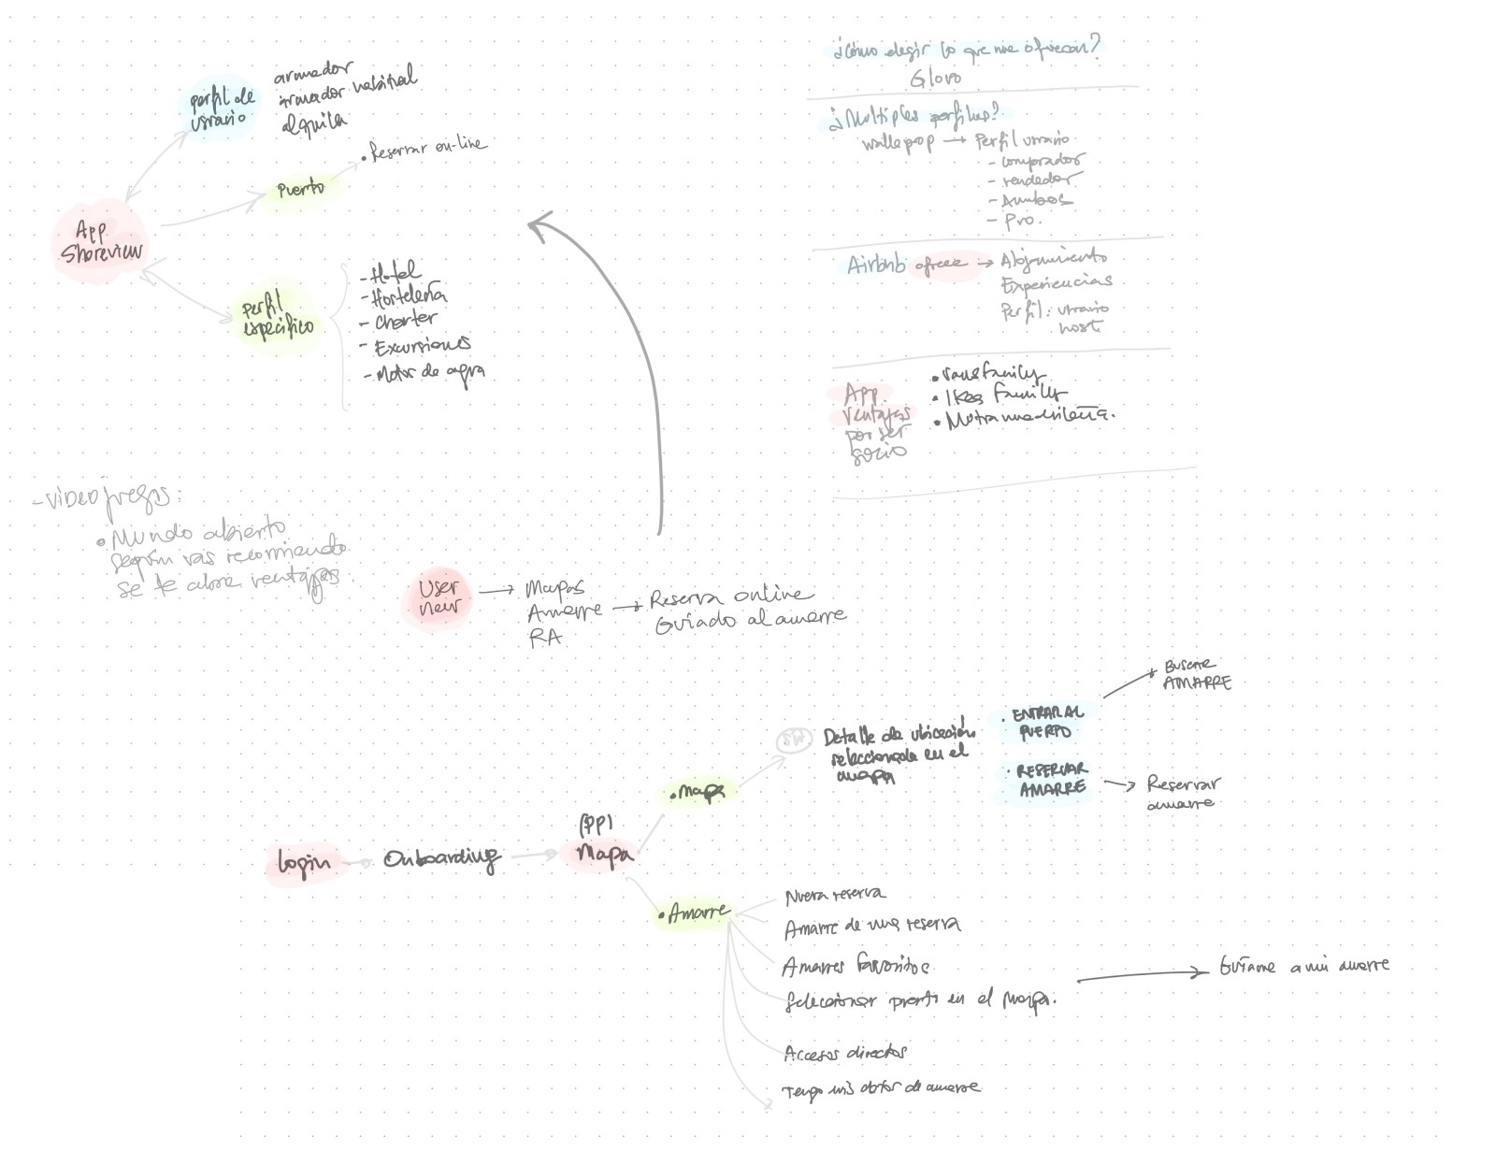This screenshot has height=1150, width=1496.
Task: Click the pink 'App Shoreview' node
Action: pyautogui.click(x=100, y=242)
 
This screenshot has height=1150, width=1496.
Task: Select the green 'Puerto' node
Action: pyautogui.click(x=300, y=189)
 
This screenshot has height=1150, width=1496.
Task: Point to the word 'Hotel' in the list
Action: pyautogui.click(x=394, y=274)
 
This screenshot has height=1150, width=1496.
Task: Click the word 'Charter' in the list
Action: pyautogui.click(x=405, y=321)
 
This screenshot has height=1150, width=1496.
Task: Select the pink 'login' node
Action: pyautogui.click(x=303, y=863)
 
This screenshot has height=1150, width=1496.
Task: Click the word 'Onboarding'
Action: pyautogui.click(x=441, y=858)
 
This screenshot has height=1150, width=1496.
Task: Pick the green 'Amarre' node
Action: pyautogui.click(x=695, y=913)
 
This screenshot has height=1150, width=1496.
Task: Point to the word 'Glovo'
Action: pyautogui.click(x=935, y=78)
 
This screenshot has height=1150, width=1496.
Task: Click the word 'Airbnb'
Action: pyautogui.click(x=875, y=266)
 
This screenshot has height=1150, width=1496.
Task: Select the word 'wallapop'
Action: pyautogui.click(x=898, y=144)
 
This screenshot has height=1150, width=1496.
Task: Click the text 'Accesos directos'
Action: pyautogui.click(x=845, y=1053)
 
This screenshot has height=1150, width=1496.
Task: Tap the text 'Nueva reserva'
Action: pyautogui.click(x=834, y=896)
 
